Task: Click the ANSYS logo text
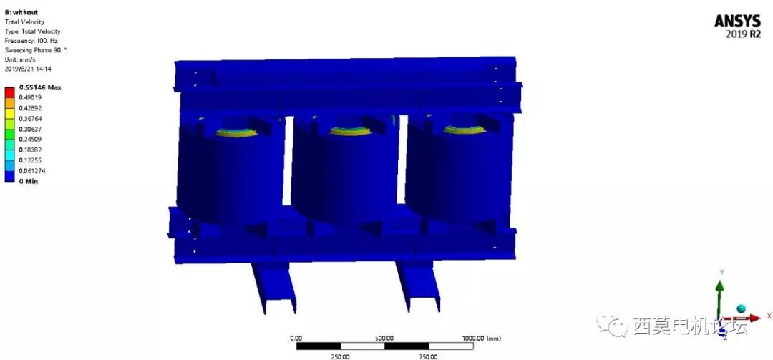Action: click(737, 21)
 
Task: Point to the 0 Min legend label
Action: click(29, 182)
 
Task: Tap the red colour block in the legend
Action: click(9, 92)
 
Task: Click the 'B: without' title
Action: click(21, 12)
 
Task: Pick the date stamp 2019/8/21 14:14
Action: click(29, 69)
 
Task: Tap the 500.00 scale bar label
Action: click(384, 338)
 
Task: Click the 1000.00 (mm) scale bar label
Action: click(480, 338)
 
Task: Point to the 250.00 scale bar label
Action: click(340, 356)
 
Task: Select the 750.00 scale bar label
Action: click(429, 356)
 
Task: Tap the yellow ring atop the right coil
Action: click(463, 130)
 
